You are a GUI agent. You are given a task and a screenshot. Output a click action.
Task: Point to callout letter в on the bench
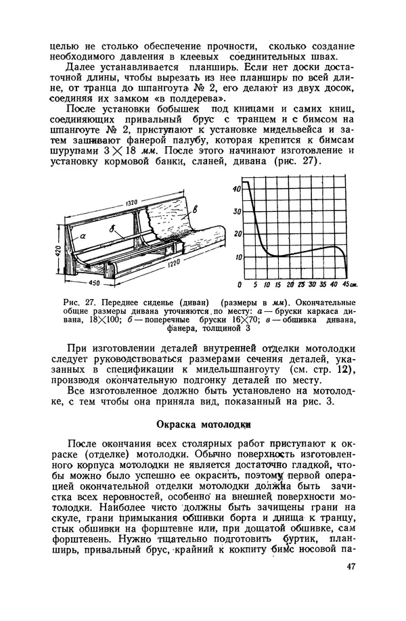tap(196, 209)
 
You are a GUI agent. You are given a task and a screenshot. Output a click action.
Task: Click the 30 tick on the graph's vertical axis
tap(236, 212)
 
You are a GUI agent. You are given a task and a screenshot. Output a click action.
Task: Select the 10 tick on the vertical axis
tap(236, 257)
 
